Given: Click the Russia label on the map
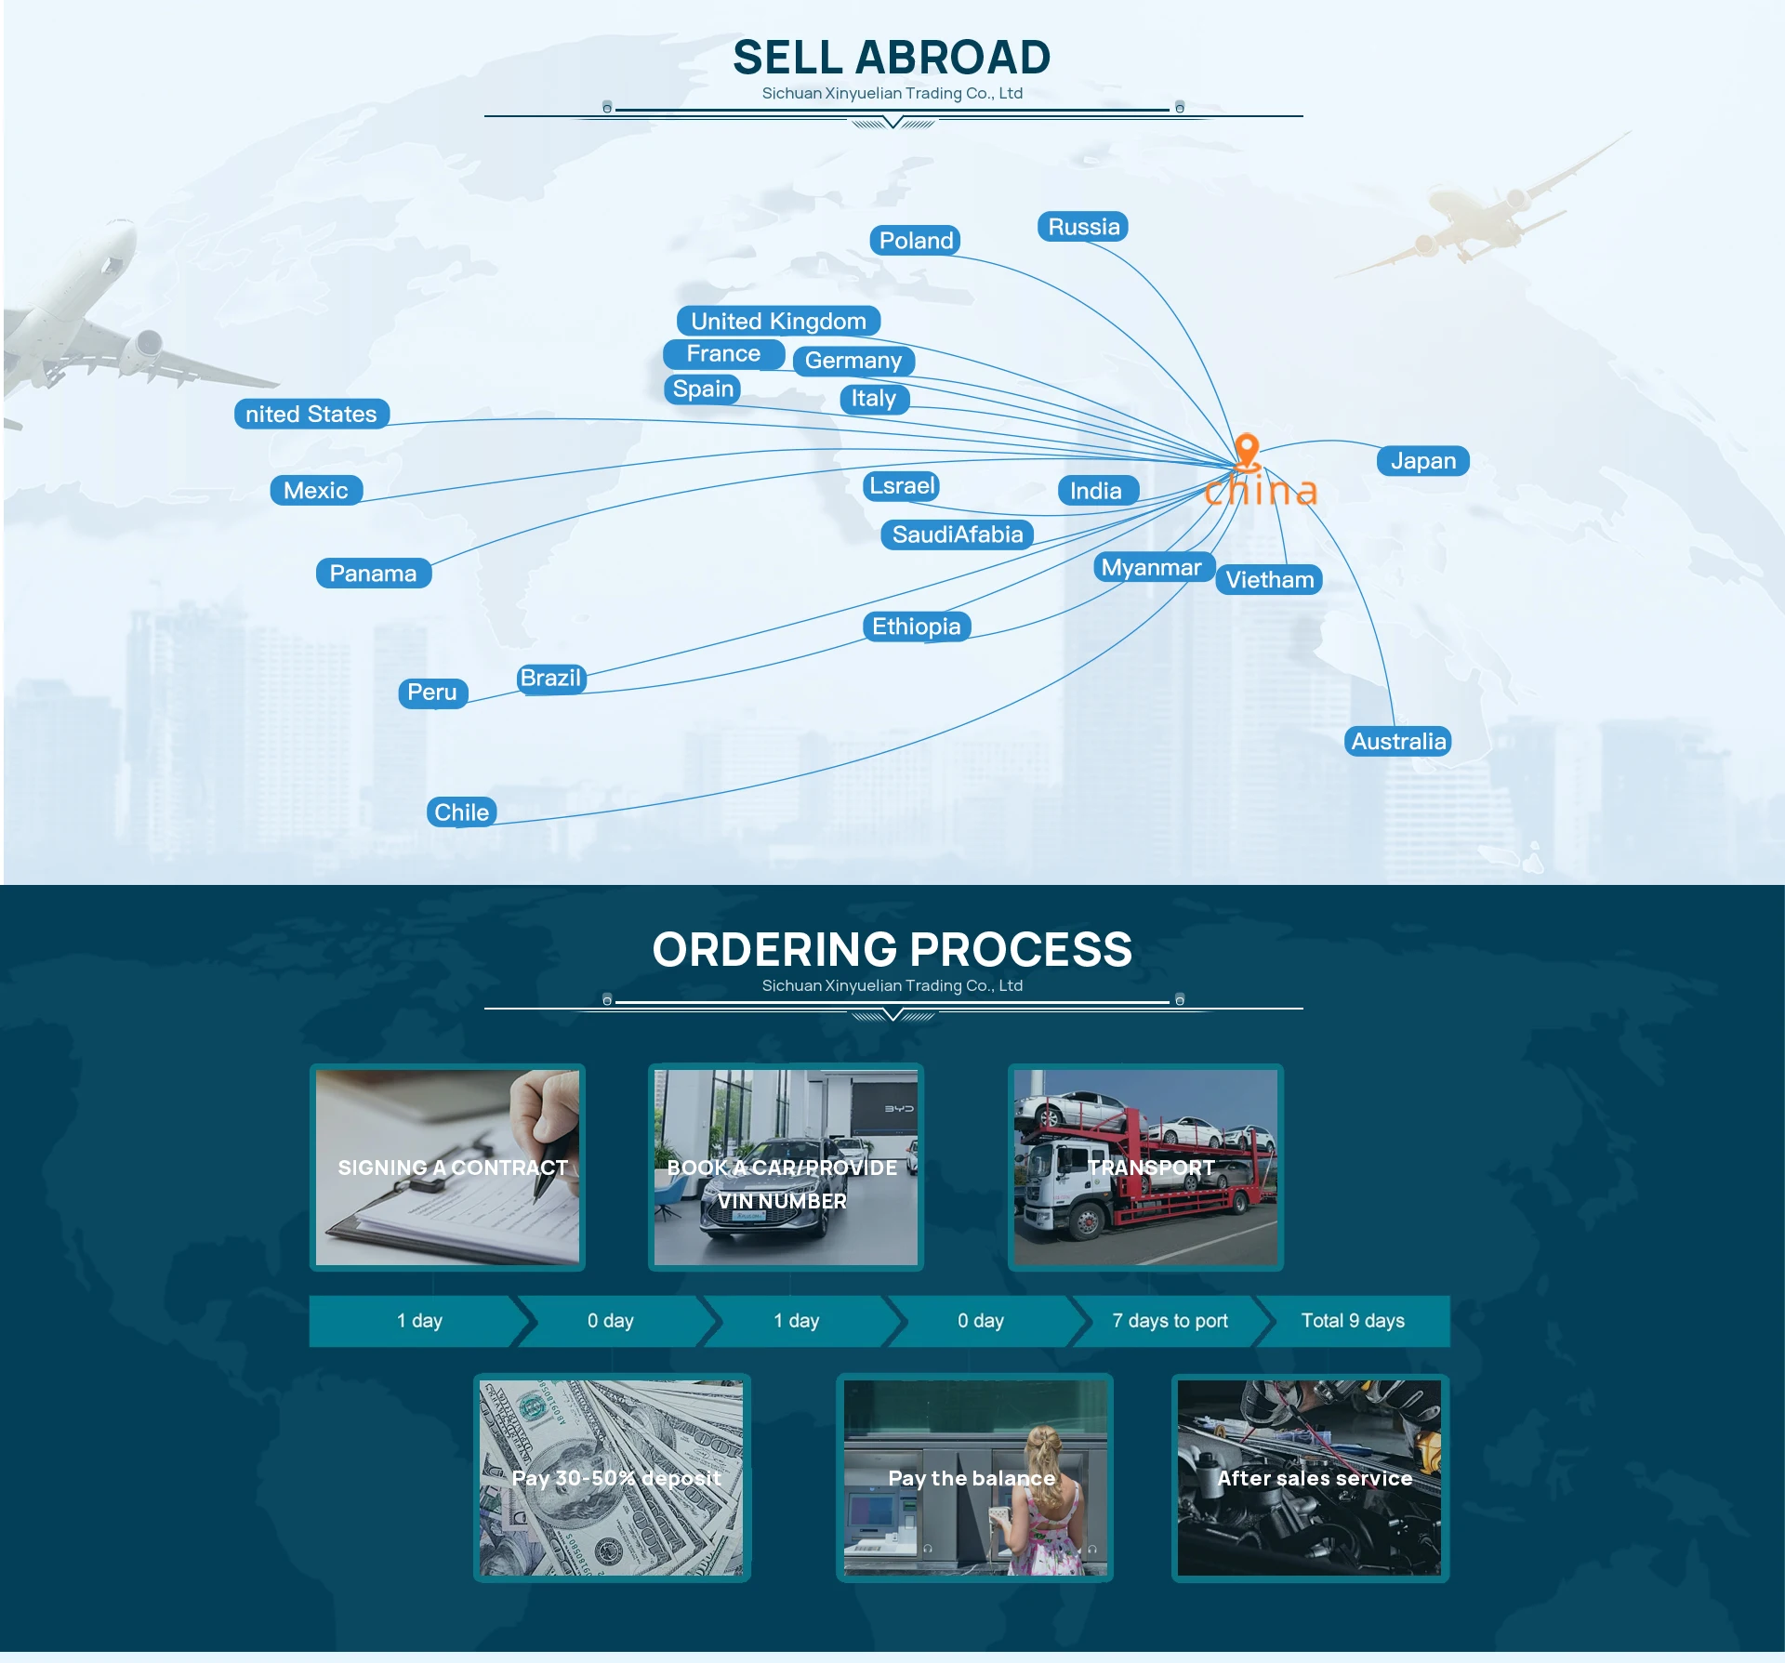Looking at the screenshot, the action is (x=1083, y=227).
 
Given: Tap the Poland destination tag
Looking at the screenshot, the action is (x=916, y=241).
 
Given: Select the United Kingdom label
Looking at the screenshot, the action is (x=778, y=322).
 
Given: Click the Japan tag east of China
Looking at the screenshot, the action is (x=1422, y=461).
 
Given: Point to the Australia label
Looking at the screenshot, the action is (x=1398, y=742).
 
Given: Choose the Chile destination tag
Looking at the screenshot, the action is (x=461, y=812).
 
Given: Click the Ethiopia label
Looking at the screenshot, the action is (x=916, y=627).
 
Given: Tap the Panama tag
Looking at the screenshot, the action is (x=373, y=574).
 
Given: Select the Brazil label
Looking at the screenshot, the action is (x=550, y=679).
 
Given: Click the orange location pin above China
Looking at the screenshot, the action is (x=1247, y=449).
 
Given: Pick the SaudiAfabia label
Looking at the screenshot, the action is (x=957, y=535).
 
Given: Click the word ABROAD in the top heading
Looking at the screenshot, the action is (x=953, y=58).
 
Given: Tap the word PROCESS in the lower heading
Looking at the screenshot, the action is (x=1021, y=950).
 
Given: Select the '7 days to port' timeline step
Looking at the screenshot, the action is (x=1170, y=1321).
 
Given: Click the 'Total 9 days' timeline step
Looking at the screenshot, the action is (x=1353, y=1321).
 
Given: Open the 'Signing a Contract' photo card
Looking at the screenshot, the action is (x=447, y=1168).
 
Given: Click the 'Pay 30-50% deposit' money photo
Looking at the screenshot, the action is (x=612, y=1478).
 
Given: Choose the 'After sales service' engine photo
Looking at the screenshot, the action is (x=1310, y=1478).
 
